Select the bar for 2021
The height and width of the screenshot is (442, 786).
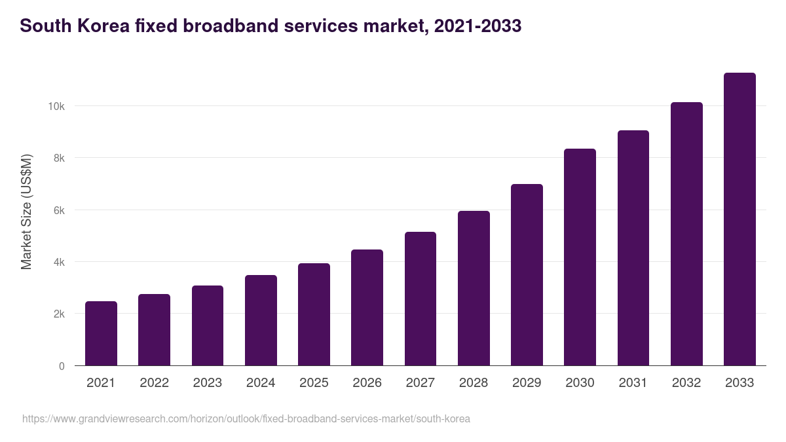point(101,333)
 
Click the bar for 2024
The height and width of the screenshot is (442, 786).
point(261,320)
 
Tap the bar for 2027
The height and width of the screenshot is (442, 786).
point(421,299)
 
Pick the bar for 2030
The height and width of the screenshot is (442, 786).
point(580,257)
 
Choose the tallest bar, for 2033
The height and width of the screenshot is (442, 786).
point(739,219)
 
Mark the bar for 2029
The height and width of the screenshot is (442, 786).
point(527,275)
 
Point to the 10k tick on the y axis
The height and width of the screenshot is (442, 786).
point(57,106)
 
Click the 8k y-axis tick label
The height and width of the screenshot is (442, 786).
point(59,158)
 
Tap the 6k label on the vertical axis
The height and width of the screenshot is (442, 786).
point(59,210)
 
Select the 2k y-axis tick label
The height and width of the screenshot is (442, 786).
point(59,314)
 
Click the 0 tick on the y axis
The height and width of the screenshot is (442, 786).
point(62,366)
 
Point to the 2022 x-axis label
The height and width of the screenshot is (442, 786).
point(154,383)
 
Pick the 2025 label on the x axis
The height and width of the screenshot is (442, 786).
point(314,383)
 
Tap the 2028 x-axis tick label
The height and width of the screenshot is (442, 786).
point(474,383)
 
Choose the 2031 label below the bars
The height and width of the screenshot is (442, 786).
point(633,383)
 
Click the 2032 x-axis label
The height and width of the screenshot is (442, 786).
point(686,383)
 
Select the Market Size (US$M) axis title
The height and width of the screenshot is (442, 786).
point(26,212)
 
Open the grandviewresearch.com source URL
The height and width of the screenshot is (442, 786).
point(246,418)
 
